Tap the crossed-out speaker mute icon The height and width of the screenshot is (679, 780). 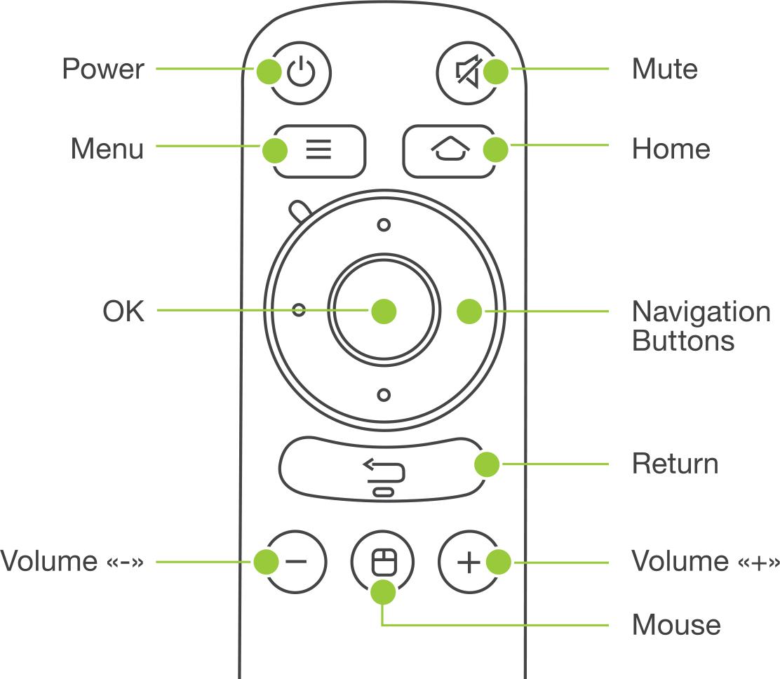[x=466, y=72]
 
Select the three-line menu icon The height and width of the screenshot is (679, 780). [x=318, y=150]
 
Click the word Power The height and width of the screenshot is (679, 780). [x=103, y=69]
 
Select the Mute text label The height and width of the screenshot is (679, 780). [x=664, y=69]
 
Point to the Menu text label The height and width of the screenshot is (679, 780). [x=107, y=149]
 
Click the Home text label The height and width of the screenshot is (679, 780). [x=671, y=149]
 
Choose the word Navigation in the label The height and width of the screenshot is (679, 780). [x=701, y=311]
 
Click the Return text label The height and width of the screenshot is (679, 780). [x=675, y=464]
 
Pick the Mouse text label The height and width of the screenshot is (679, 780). [x=675, y=624]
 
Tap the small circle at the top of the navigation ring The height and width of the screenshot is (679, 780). [x=384, y=225]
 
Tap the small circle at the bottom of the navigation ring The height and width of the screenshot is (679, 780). [x=384, y=395]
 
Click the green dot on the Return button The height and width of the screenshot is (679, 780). [x=487, y=464]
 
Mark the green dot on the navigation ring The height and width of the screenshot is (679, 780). [x=469, y=311]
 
